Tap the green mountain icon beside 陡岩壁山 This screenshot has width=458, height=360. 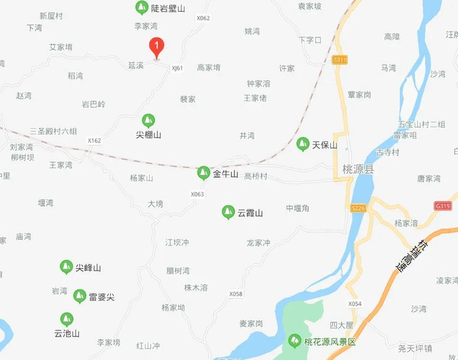(x=141, y=8)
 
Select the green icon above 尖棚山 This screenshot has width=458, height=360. (x=149, y=120)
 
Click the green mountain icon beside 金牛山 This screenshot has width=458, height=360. (x=203, y=173)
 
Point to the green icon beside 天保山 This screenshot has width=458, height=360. (x=302, y=144)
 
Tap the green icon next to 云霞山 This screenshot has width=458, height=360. (x=228, y=212)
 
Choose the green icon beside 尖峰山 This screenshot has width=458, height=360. (x=66, y=267)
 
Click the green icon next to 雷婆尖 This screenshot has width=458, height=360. (x=79, y=297)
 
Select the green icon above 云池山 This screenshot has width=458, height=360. (x=66, y=319)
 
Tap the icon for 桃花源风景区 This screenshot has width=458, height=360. (x=295, y=341)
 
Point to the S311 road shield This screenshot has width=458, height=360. (x=340, y=60)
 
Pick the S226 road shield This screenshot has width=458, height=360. (x=357, y=208)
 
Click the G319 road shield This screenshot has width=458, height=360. (x=443, y=206)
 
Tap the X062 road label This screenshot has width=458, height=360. (x=203, y=18)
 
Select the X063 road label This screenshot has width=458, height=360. (x=198, y=194)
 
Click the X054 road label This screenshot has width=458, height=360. (x=355, y=304)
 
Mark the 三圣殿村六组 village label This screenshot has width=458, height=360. (x=53, y=131)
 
